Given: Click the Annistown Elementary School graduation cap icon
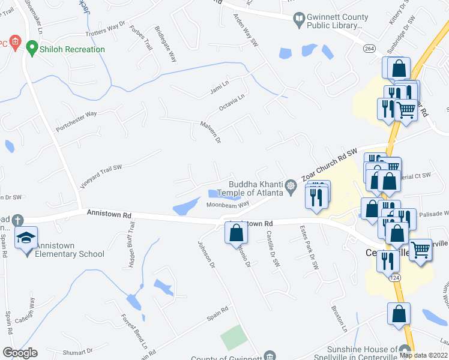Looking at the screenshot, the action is click(26, 238).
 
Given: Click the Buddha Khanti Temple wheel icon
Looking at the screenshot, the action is click(291, 185).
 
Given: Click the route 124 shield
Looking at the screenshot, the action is click(394, 278).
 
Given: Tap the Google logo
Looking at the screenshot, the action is click(20, 353).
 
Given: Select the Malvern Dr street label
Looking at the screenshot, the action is click(211, 132).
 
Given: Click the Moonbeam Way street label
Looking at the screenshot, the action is click(228, 205).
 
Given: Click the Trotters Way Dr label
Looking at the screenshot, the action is click(105, 27).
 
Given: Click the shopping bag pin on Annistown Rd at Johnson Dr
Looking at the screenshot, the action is click(236, 232).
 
